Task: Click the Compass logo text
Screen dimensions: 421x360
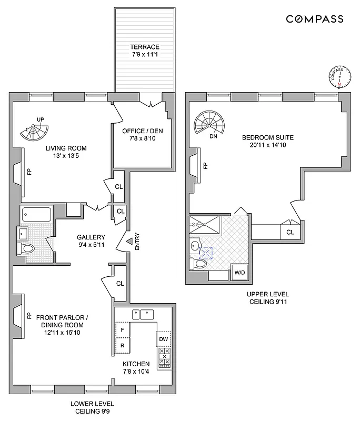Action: click(315, 19)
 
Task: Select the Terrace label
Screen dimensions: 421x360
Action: click(145, 51)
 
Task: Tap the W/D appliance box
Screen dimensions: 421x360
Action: click(240, 273)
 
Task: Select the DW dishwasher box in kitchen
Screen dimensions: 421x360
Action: click(164, 339)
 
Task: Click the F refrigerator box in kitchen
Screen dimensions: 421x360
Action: click(123, 329)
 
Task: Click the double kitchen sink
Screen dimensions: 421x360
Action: click(143, 315)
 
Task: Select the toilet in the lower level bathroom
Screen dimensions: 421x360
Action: click(27, 248)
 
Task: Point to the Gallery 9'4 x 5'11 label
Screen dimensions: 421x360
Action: click(91, 240)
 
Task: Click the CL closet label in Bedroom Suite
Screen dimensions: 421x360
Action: click(290, 232)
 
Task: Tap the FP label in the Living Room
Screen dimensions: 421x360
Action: click(29, 172)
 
